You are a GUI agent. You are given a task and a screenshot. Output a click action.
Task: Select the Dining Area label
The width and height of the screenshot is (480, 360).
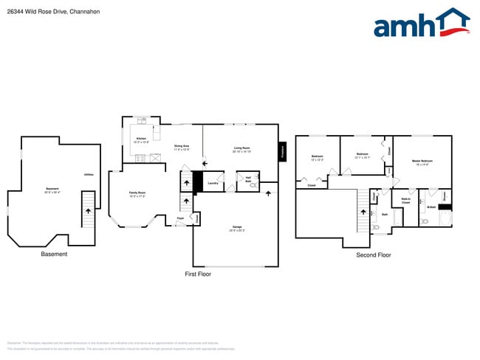coord(182,148)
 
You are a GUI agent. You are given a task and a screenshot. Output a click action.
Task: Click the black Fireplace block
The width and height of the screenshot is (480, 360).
coord(282,152)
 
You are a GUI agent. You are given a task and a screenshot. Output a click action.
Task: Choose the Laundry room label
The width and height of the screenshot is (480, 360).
coord(212,183)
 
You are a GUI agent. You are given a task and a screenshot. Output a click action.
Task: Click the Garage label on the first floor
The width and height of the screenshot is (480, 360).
coord(237,228)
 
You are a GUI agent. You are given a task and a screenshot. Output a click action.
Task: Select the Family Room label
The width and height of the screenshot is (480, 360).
coord(137,195)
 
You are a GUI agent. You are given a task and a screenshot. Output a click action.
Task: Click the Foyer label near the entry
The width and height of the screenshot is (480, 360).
coord(180,218)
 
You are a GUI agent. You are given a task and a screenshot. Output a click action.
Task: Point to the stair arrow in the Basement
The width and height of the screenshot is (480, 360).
coord(89,210)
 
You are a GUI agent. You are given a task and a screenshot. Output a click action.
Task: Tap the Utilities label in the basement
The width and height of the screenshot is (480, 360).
coord(89,174)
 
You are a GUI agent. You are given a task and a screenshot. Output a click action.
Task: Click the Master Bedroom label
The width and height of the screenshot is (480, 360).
coord(422,162)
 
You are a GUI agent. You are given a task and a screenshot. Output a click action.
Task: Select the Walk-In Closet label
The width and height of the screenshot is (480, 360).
coord(405,201)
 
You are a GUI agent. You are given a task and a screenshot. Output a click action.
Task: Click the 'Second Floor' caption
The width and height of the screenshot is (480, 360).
coord(373,255)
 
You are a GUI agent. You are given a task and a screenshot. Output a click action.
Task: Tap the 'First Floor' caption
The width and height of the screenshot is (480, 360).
coord(198,274)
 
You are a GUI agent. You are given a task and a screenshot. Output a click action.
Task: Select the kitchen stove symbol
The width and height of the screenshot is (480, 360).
coord(140,157)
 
